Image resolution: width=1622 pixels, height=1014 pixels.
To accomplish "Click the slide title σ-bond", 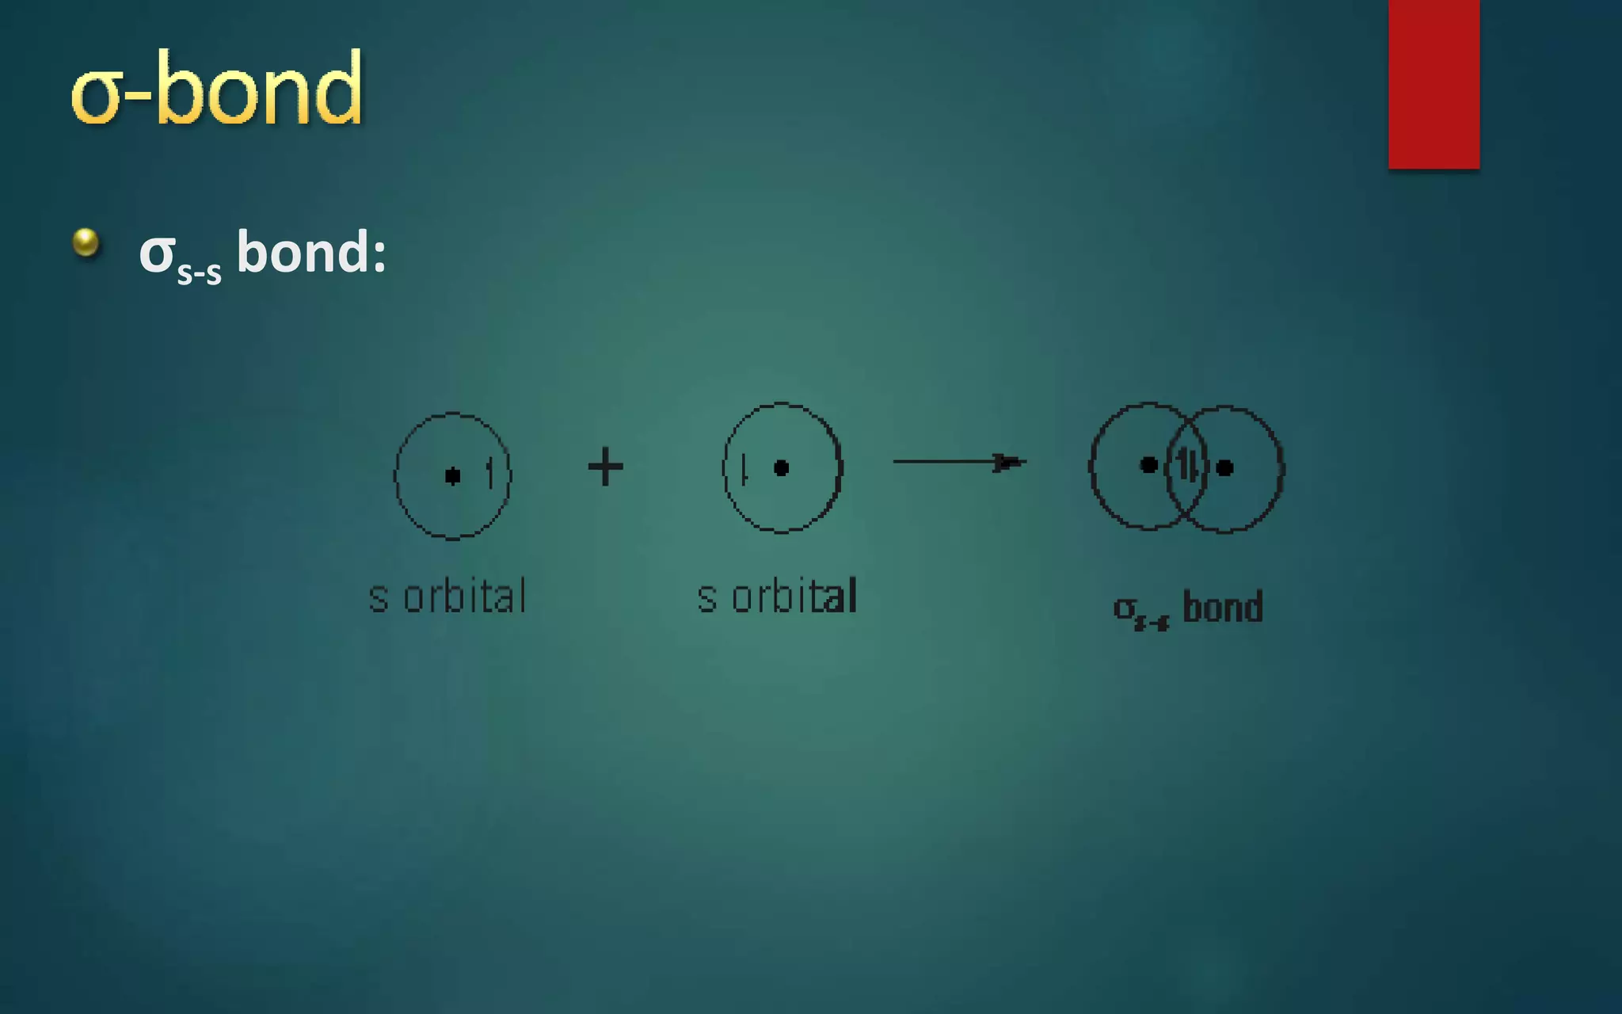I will tap(216, 89).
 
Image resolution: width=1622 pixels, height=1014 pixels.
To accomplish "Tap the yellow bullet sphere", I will tap(86, 242).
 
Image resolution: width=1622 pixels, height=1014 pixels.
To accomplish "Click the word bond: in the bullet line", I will tap(311, 252).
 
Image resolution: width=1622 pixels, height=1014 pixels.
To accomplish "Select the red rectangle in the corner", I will tap(1434, 83).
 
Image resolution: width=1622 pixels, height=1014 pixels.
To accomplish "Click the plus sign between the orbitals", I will tap(606, 466).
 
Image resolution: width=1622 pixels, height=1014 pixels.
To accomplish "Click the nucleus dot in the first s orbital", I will tap(452, 475).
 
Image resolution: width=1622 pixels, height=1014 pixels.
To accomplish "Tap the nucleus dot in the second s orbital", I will tap(781, 468).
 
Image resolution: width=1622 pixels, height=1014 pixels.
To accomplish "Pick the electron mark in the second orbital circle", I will tap(744, 468).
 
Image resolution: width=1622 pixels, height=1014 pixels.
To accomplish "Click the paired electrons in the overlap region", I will tap(1186, 465).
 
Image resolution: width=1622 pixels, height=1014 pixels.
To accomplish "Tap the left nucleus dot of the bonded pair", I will tap(1148, 465).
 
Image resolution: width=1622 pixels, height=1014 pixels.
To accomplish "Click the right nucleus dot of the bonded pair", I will tap(1224, 467).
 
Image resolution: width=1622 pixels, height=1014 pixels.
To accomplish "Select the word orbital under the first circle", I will tap(465, 597).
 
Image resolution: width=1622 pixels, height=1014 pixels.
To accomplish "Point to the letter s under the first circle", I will tap(379, 599).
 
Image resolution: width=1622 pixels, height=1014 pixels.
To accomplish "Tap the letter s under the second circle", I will tap(706, 599).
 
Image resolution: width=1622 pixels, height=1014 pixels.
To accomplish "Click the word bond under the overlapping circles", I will tap(1222, 608).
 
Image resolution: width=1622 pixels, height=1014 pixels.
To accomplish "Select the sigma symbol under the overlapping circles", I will tap(1124, 608).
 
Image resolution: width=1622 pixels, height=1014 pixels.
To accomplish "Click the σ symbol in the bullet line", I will tap(156, 253).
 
